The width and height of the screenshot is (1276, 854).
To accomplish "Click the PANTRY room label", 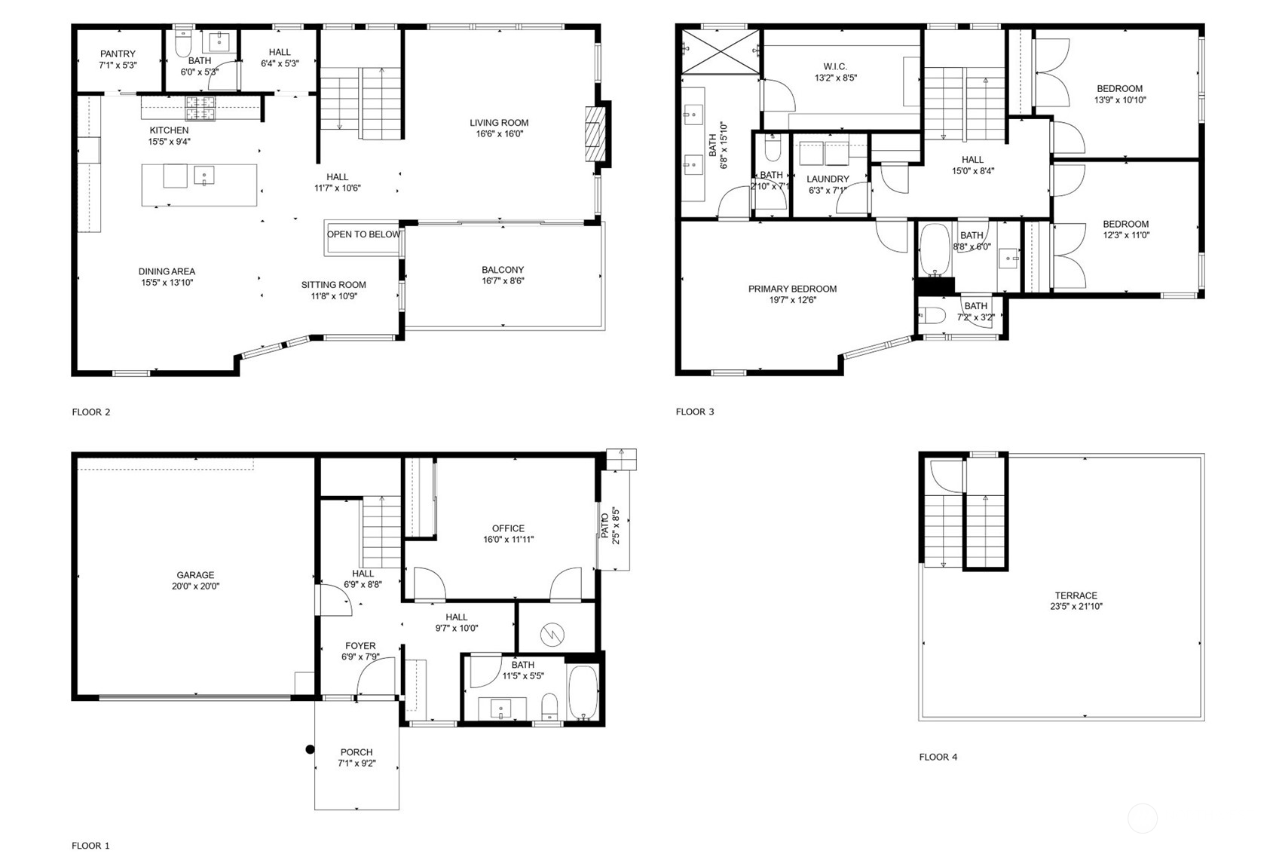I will pyautogui.click(x=118, y=54).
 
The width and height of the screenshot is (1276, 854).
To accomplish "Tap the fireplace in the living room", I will pyautogui.click(x=596, y=134).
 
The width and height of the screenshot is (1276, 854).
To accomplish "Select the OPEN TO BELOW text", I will pyautogui.click(x=363, y=234).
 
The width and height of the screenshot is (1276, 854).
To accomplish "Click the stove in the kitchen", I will pyautogui.click(x=200, y=109).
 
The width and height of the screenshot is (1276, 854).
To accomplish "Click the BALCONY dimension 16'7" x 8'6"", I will pyautogui.click(x=503, y=281).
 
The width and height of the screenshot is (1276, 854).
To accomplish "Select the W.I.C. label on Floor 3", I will pyautogui.click(x=835, y=66).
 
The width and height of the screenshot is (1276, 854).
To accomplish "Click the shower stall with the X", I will pyautogui.click(x=721, y=51).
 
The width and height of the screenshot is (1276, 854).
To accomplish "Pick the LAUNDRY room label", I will pyautogui.click(x=828, y=179).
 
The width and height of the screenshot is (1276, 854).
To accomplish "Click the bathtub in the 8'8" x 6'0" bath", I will pyautogui.click(x=935, y=249).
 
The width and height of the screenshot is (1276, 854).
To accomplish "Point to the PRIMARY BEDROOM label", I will pyautogui.click(x=792, y=289).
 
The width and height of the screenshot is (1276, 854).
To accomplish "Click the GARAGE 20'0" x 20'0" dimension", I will pyautogui.click(x=195, y=586).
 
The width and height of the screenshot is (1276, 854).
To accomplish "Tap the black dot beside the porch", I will pyautogui.click(x=310, y=749).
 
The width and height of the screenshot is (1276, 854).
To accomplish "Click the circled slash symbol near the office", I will pyautogui.click(x=554, y=635).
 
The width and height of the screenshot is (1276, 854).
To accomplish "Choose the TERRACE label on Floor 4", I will pyautogui.click(x=1076, y=595).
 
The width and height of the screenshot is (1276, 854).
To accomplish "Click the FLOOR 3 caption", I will pyautogui.click(x=694, y=412).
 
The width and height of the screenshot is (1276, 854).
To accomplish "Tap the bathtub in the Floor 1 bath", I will pyautogui.click(x=583, y=692).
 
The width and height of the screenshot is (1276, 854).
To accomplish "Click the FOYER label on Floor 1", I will pyautogui.click(x=360, y=646).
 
